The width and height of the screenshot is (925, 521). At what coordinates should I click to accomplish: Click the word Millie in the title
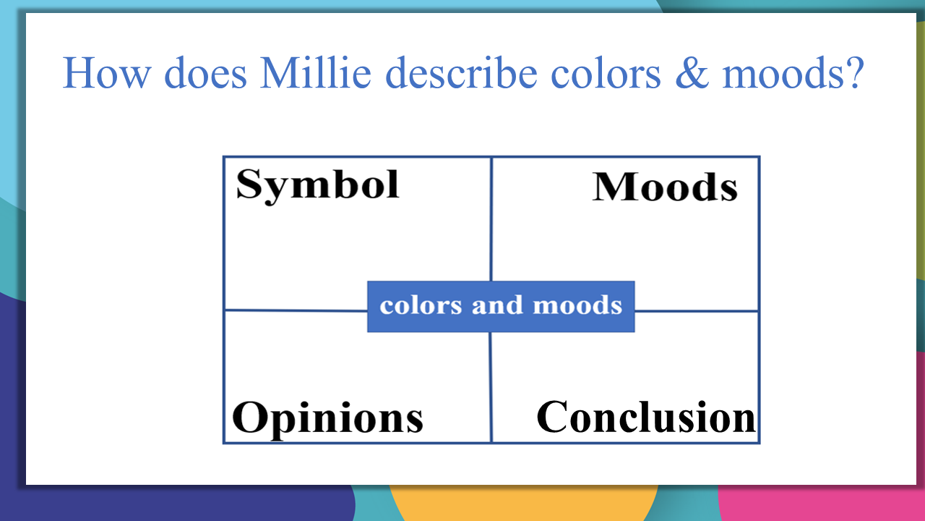[x=316, y=73]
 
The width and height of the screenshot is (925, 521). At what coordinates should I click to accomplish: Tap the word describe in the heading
[x=461, y=73]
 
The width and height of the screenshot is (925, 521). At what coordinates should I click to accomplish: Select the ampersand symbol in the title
[x=692, y=73]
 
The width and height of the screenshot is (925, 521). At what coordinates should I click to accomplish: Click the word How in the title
[x=106, y=73]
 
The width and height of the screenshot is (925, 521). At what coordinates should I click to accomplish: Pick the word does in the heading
[x=205, y=73]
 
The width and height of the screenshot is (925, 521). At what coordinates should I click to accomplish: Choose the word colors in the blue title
[x=606, y=73]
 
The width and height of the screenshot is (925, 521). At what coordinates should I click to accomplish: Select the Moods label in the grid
[x=665, y=187]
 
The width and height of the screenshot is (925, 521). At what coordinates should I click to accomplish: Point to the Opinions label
[x=327, y=418]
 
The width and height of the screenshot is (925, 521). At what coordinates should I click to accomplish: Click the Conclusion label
[x=646, y=417]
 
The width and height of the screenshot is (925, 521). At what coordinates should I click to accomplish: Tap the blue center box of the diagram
[x=501, y=306]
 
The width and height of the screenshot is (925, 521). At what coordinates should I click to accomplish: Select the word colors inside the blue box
[x=421, y=305]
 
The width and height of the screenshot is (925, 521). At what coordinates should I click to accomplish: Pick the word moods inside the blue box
[x=577, y=305]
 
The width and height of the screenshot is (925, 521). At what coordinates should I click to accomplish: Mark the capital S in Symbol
[x=249, y=185]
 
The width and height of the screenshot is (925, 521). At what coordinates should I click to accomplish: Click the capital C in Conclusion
[x=551, y=417]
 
